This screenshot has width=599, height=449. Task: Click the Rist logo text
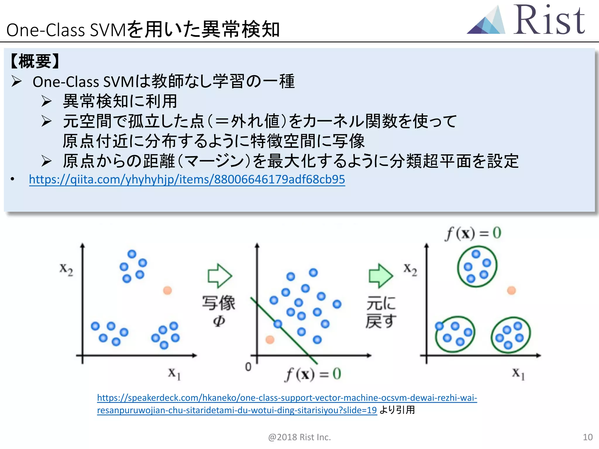click(549, 20)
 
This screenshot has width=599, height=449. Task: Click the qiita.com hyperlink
click(187, 179)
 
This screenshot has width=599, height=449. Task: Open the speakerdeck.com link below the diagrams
click(287, 404)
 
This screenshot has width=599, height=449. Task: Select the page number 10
click(588, 437)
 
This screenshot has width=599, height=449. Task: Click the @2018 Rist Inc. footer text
click(299, 437)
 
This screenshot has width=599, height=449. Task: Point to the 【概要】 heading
click(35, 61)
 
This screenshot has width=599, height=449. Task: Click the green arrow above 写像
click(220, 275)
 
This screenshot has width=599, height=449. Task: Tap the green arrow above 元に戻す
click(381, 275)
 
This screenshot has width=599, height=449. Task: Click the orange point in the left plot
click(167, 291)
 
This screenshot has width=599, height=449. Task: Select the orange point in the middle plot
click(270, 339)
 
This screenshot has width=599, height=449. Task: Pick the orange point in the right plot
click(511, 291)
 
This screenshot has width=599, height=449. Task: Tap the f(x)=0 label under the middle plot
click(313, 374)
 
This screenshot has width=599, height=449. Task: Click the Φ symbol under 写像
click(219, 321)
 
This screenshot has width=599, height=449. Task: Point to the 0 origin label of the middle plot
click(248, 367)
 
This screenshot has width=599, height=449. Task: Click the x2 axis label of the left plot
click(66, 269)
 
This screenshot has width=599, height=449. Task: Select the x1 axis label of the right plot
click(518, 374)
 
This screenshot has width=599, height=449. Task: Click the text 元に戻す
click(381, 312)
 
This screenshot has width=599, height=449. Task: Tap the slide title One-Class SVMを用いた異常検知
click(143, 30)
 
